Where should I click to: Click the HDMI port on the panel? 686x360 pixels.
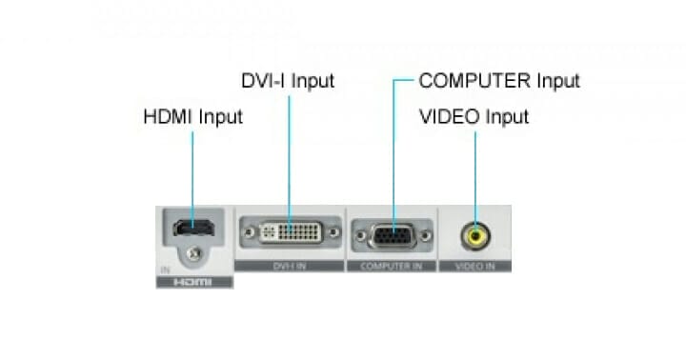(192, 230)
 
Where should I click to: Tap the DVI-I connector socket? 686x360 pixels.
(288, 231)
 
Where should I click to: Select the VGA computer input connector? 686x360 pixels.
(392, 233)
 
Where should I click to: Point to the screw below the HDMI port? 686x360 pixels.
(194, 253)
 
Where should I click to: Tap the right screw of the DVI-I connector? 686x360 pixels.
(333, 231)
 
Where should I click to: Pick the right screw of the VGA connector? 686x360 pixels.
(424, 233)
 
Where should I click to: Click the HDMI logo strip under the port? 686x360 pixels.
(193, 283)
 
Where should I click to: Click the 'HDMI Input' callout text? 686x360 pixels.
(192, 117)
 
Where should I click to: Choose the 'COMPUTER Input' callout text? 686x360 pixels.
(499, 81)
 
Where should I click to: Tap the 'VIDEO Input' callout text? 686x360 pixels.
(474, 117)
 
